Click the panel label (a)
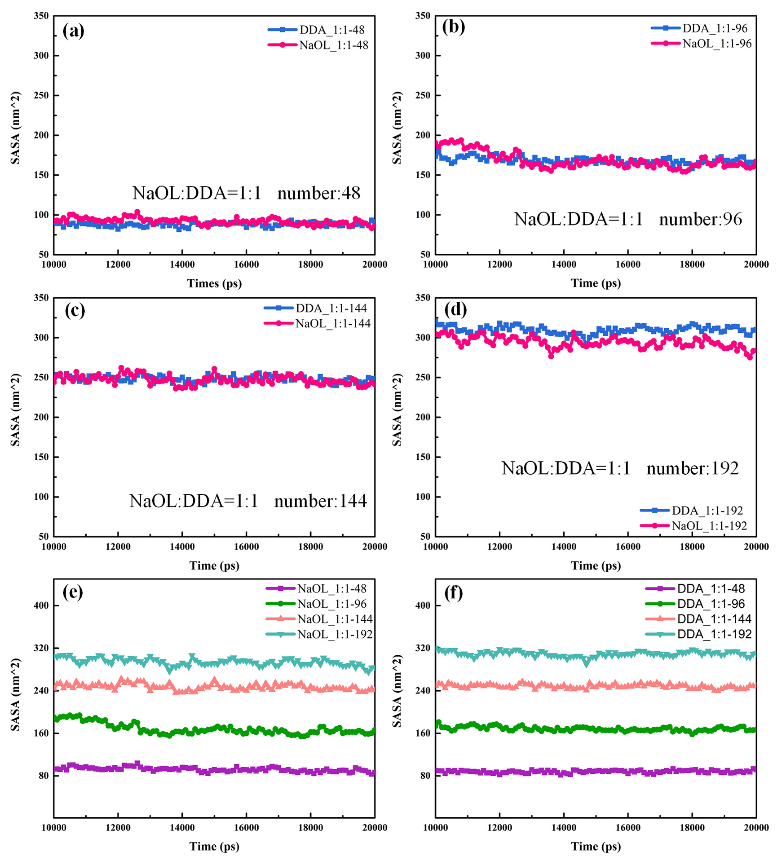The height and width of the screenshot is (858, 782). coord(73,31)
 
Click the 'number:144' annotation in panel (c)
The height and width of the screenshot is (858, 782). coord(320,501)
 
